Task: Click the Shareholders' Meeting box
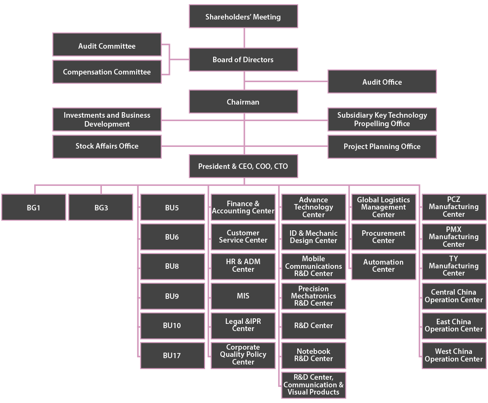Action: click(x=243, y=17)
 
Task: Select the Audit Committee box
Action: click(x=107, y=46)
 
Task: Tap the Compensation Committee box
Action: click(x=107, y=72)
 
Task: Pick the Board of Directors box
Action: click(x=243, y=60)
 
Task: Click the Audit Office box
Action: click(x=382, y=82)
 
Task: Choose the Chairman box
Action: click(x=243, y=102)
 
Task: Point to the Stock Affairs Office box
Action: click(x=107, y=146)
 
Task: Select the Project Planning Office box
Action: click(x=382, y=146)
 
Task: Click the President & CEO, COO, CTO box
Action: click(x=243, y=166)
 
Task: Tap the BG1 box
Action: click(x=33, y=208)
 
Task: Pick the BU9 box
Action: click(x=172, y=296)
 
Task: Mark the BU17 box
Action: click(x=172, y=356)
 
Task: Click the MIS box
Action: click(x=243, y=296)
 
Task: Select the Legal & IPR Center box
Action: click(x=243, y=325)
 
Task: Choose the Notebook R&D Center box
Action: click(x=313, y=355)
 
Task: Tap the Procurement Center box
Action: click(x=384, y=237)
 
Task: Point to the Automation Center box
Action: click(x=384, y=266)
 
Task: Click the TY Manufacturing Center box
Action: click(x=454, y=266)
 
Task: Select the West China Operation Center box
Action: click(x=454, y=355)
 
